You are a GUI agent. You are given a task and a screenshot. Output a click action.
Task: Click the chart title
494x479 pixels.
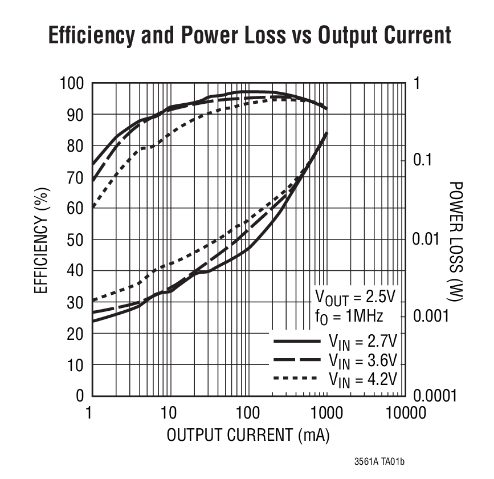point(250,36)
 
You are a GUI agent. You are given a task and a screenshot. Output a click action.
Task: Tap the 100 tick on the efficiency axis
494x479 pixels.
point(72,84)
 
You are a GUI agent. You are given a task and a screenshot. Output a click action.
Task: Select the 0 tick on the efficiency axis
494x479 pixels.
point(80,395)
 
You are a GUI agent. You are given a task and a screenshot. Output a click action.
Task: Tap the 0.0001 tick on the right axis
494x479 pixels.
point(434,395)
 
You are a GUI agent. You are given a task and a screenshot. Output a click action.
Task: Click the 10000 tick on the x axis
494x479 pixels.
point(405,412)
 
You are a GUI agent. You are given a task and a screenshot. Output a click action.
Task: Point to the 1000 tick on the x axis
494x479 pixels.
point(326,412)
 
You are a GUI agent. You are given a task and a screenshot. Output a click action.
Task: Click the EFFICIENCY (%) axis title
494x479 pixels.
point(40,239)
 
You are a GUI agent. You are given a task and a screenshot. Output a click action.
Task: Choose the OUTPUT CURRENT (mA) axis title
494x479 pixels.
point(248,435)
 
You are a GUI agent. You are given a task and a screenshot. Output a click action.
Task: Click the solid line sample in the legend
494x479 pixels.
point(297,341)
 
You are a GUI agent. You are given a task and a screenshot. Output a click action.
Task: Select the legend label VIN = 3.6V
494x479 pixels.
point(362,360)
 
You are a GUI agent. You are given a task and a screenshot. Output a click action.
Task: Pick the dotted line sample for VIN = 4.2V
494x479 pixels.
point(297,378)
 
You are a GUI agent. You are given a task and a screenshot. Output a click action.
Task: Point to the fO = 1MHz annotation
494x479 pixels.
point(349,317)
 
